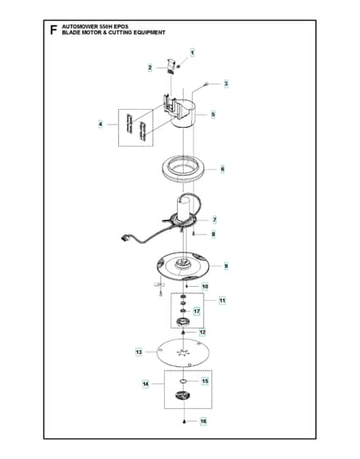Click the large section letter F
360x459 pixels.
coord(53,30)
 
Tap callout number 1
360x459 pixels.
coord(192,53)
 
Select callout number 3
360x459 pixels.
coord(226,84)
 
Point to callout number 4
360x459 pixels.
coord(101,125)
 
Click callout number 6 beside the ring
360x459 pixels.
coord(222,169)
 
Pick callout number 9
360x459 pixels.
coord(226,266)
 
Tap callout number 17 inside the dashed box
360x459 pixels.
coord(197,311)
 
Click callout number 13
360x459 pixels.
coord(139,352)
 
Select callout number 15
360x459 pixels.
coord(205,381)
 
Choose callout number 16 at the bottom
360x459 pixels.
coord(203,421)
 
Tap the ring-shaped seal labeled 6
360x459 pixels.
coord(183,176)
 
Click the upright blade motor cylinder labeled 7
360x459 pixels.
coord(184,208)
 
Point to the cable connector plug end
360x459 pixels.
coord(126,237)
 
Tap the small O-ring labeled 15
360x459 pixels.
coord(184,381)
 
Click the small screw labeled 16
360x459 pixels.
coord(184,421)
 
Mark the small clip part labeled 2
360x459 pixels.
coord(171,66)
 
